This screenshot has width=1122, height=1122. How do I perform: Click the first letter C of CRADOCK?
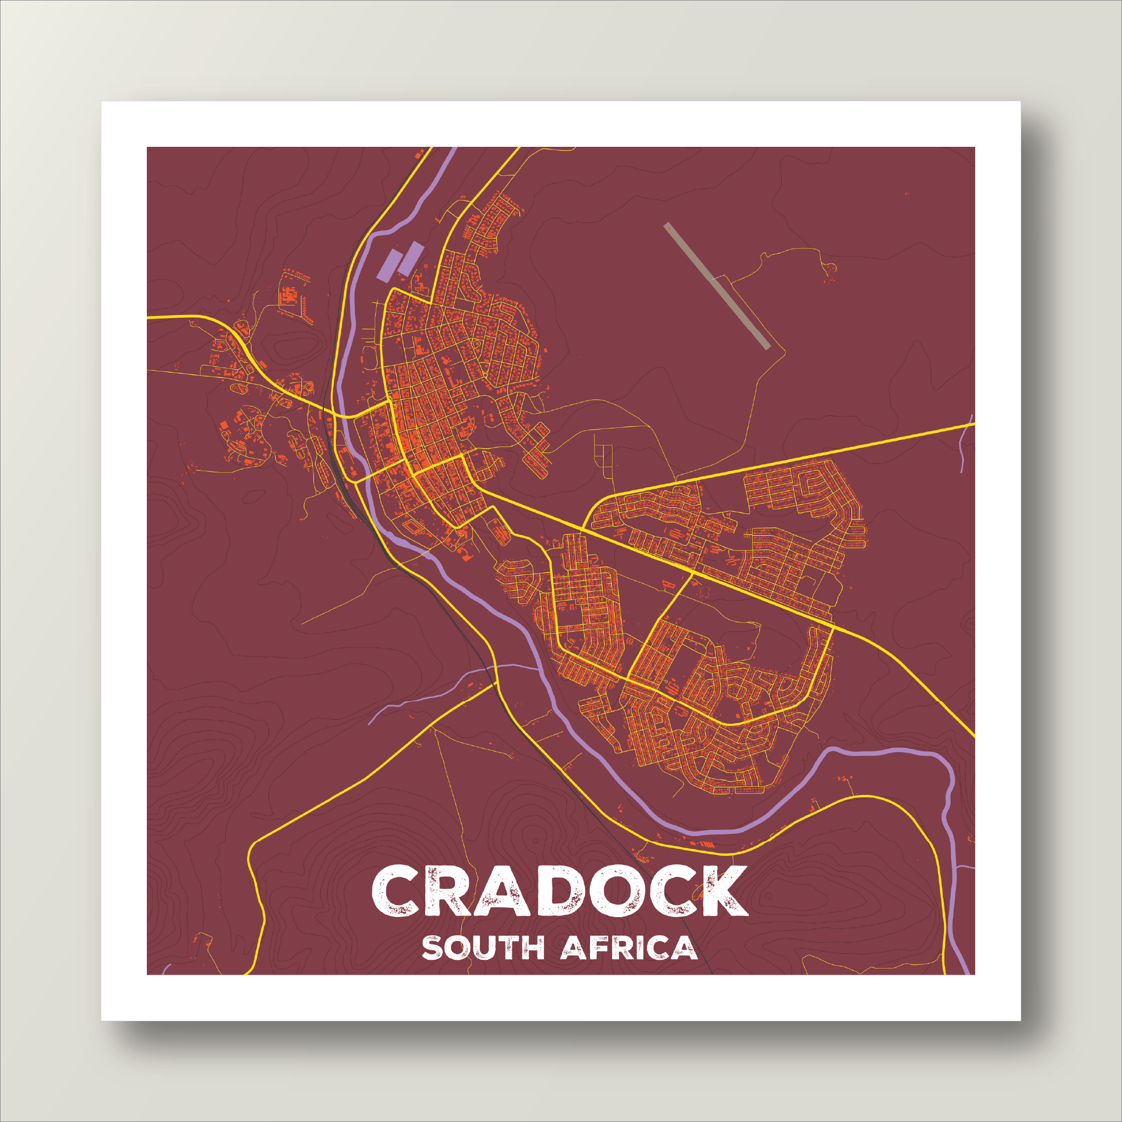pyautogui.click(x=397, y=891)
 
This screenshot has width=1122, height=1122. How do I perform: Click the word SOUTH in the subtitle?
pyautogui.click(x=483, y=947)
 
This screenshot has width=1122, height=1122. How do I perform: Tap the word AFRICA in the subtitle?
pyautogui.click(x=629, y=947)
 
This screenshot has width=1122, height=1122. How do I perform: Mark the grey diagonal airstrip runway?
pyautogui.click(x=717, y=287)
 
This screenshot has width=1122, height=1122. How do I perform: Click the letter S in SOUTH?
pyautogui.click(x=432, y=947)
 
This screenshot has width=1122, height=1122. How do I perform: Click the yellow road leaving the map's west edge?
pyautogui.click(x=174, y=317)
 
